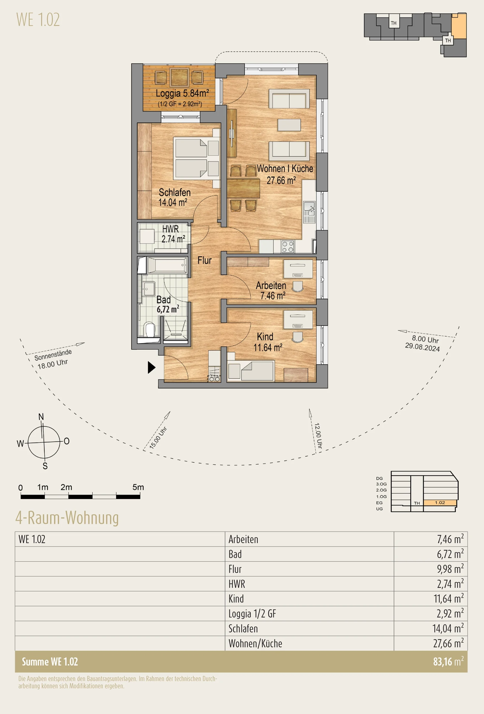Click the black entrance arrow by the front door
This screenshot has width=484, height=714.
click(x=151, y=367)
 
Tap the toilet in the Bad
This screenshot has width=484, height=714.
click(x=149, y=329)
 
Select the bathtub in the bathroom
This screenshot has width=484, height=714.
click(x=167, y=265)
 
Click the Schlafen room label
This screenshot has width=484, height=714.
click(x=174, y=197)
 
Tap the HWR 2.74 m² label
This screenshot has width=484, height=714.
click(x=173, y=234)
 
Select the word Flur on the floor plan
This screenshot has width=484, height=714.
click(x=205, y=260)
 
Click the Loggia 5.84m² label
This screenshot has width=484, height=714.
click(x=182, y=93)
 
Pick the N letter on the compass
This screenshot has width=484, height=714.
click(x=41, y=417)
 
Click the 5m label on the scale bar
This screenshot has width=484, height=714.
click(x=138, y=487)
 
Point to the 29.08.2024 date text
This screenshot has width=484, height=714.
click(x=422, y=347)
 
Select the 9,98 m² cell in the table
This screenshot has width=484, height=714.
click(x=450, y=569)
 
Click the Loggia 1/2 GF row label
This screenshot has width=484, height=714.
click(x=252, y=614)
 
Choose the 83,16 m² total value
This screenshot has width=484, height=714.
click(x=448, y=662)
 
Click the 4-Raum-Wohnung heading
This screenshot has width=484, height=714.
click(x=67, y=518)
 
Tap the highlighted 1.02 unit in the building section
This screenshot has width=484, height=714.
click(x=440, y=503)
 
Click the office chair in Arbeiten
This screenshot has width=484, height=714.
click(x=297, y=286)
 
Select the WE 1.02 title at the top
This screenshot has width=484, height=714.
click(x=38, y=20)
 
